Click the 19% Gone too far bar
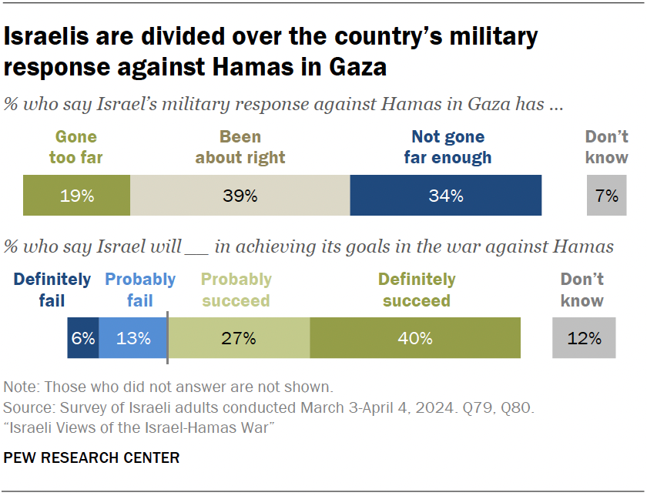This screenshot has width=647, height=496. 76,196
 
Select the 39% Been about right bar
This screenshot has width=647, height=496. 240,196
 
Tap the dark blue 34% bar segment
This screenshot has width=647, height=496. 446,196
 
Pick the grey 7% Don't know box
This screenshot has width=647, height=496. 607,196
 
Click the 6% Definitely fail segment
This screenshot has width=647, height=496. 83,338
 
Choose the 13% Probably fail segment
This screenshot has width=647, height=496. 132,338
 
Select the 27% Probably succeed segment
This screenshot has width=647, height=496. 239,338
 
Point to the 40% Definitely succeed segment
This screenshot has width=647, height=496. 415,338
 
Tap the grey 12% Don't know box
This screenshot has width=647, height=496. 584,338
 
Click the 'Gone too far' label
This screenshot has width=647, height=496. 76,147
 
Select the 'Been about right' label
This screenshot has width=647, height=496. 240,147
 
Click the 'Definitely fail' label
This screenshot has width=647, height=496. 52,290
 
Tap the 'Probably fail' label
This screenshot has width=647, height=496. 140,290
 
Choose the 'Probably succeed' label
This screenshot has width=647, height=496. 236,290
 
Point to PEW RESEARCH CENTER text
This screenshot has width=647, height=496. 92,458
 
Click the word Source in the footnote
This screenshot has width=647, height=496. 25,406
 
